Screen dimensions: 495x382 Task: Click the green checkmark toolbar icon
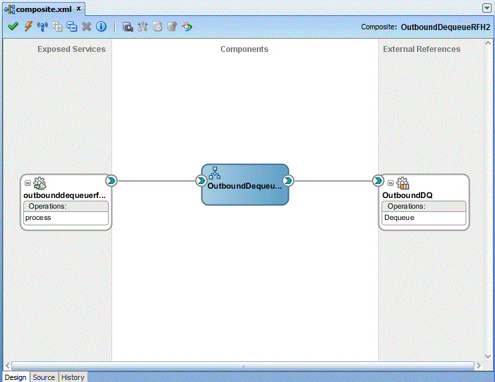click(13, 26)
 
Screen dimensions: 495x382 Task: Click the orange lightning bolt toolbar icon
click(29, 26)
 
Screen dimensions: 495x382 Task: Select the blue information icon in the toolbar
click(101, 27)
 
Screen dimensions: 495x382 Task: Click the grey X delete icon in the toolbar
click(86, 27)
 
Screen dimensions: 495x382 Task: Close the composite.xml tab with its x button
click(79, 9)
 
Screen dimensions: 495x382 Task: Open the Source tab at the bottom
click(44, 377)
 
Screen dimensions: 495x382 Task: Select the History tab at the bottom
click(73, 377)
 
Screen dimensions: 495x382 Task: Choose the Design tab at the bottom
click(15, 377)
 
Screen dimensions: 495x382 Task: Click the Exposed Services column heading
click(71, 49)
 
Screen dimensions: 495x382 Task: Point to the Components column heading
click(244, 49)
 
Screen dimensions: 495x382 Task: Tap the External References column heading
click(422, 49)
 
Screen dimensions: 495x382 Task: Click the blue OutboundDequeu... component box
click(245, 185)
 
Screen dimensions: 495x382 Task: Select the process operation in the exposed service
click(38, 217)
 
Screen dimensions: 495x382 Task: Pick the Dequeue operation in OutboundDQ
click(399, 217)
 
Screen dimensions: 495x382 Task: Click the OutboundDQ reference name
click(407, 195)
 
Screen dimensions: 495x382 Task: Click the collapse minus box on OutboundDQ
click(390, 183)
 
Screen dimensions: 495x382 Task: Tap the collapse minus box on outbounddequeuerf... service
click(27, 183)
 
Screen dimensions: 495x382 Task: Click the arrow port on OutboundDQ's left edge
click(378, 181)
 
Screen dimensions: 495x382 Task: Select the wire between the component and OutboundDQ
click(333, 181)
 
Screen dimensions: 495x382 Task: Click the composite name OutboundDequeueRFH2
click(446, 27)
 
